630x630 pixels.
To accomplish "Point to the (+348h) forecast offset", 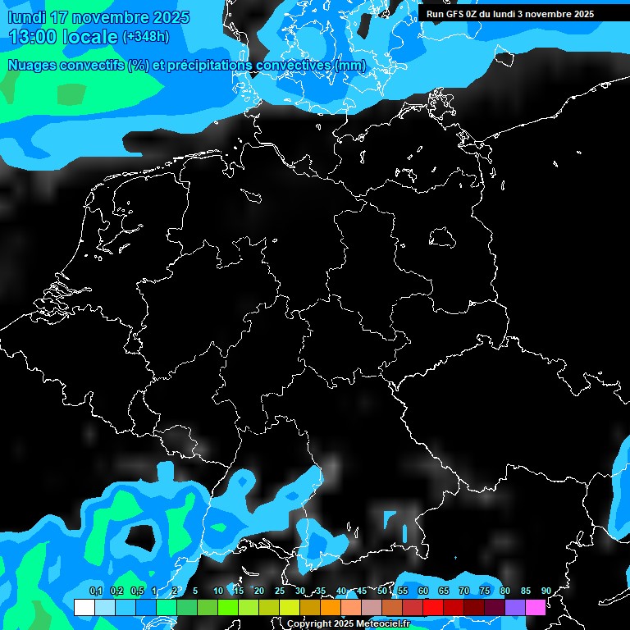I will click(x=148, y=37).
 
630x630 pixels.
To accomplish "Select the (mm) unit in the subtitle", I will click(x=349, y=66).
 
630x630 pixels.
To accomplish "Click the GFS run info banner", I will click(x=510, y=14).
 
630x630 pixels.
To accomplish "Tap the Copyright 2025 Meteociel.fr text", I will click(x=348, y=623).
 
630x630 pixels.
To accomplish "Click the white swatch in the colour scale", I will click(x=84, y=607).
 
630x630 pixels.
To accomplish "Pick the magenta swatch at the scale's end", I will click(x=535, y=607).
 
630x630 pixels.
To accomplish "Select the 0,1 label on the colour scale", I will click(x=96, y=591).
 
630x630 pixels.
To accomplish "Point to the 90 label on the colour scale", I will click(x=546, y=591).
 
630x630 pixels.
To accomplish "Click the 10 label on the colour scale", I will click(x=217, y=591).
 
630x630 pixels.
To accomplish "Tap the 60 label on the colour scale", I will click(x=422, y=591).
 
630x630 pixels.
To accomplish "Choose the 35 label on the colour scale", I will click(x=320, y=591).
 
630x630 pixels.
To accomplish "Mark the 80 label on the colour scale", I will click(x=504, y=591).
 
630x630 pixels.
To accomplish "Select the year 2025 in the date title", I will click(x=170, y=17).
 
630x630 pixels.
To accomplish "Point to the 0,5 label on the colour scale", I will click(x=137, y=591).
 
